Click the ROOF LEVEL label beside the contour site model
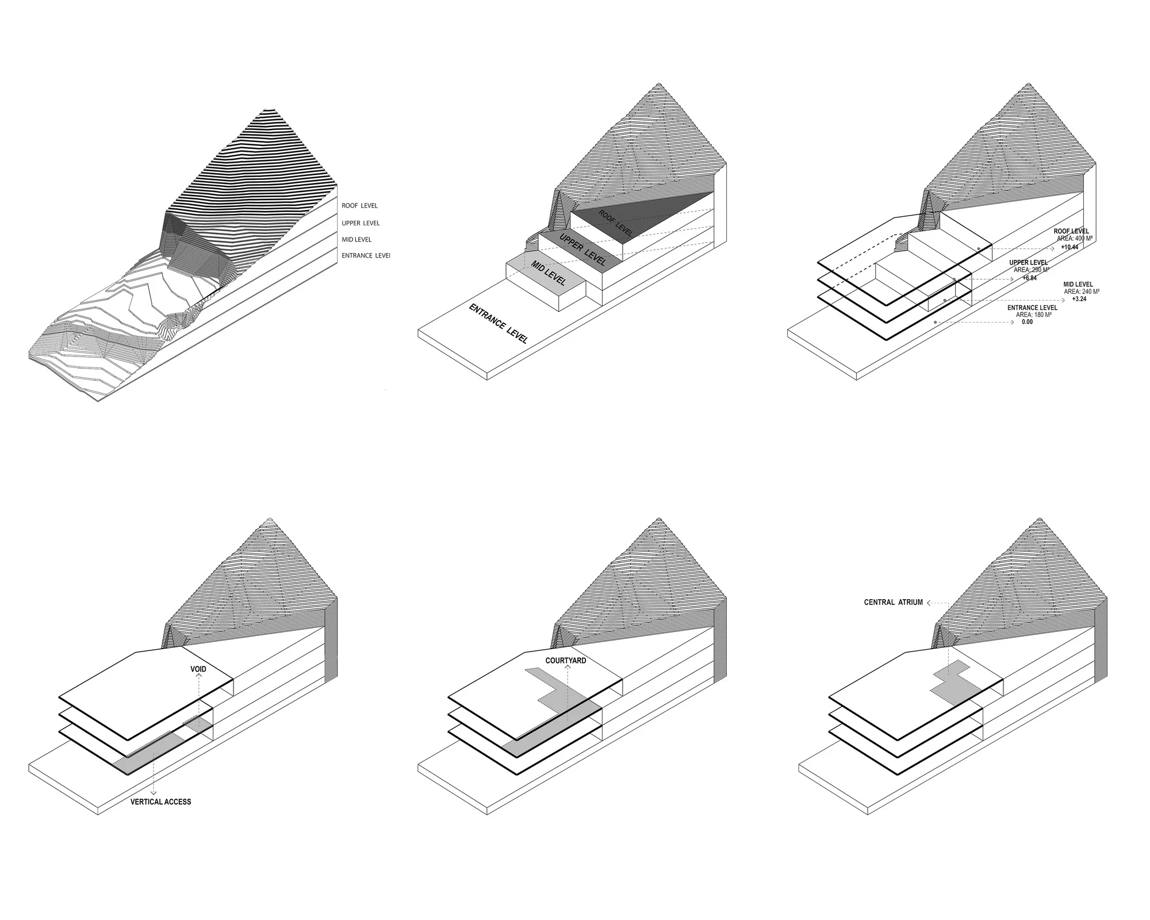coord(359,206)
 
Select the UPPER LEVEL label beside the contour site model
coord(361,223)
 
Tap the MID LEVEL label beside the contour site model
coord(356,239)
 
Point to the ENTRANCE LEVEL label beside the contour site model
coord(366,255)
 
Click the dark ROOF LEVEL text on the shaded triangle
coord(615,224)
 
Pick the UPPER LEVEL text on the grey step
coord(582,250)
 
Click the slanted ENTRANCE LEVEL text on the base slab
coord(499,323)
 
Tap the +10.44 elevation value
coord(1069,247)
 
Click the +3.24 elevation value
coord(1079,299)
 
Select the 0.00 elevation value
coord(1027,322)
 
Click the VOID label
coord(198,669)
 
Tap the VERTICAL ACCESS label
coord(161,802)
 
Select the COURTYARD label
coord(566,661)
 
